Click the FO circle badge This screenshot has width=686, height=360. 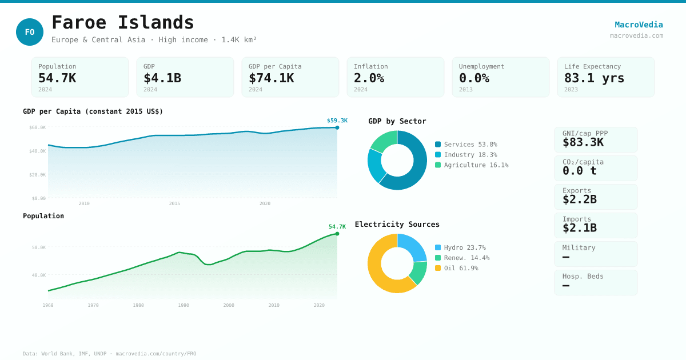30,32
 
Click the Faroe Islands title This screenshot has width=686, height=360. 123,22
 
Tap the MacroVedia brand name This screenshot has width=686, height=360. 639,25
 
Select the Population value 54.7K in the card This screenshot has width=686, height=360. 57,78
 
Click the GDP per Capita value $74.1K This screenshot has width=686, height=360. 271,78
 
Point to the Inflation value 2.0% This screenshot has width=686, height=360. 369,78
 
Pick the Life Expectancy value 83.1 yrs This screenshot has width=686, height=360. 594,78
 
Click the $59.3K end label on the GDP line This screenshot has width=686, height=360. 337,121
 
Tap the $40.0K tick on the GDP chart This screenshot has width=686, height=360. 38,151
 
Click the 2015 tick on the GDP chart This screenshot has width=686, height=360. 174,203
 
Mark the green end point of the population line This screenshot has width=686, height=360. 337,234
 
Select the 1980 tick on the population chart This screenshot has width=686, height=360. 138,305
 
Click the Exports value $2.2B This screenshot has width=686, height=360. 579,199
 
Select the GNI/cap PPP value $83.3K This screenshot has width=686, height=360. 583,142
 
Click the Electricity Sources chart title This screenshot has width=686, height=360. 397,225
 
